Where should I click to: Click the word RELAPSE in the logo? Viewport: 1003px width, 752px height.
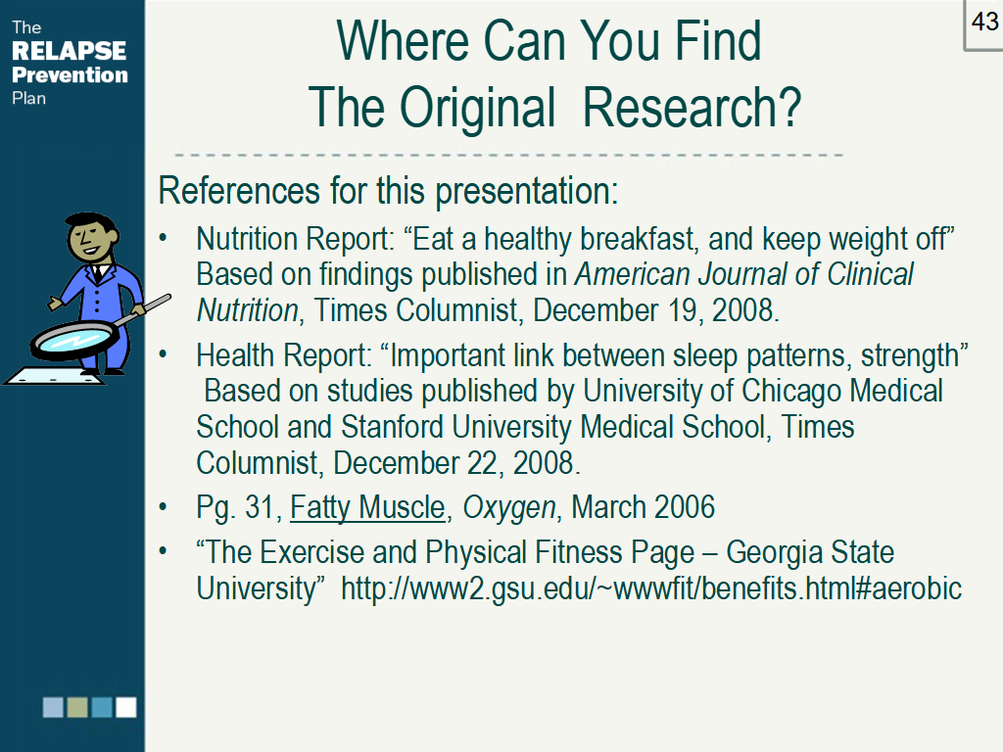pos(70,51)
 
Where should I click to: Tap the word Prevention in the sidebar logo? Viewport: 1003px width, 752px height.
pos(70,74)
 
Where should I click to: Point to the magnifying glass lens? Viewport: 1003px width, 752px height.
pos(74,339)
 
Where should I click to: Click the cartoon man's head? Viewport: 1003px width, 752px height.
pos(92,237)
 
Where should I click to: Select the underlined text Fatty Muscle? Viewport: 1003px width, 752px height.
pos(367,508)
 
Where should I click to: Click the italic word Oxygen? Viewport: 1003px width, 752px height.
pos(509,509)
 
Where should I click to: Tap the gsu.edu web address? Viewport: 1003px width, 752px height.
pos(651,588)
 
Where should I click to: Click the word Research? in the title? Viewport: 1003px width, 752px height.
pos(693,108)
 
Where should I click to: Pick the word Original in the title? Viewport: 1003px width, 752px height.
pos(477,109)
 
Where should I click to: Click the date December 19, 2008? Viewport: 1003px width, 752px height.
pos(655,310)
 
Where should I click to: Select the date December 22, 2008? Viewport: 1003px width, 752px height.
pos(456,463)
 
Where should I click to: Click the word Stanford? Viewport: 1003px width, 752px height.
pos(392,427)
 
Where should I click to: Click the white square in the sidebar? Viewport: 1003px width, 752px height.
pos(126,707)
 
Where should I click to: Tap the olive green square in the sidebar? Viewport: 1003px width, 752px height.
pos(77,707)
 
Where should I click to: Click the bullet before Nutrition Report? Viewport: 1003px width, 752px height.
pos(164,239)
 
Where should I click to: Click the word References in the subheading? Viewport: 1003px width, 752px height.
pos(239,191)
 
